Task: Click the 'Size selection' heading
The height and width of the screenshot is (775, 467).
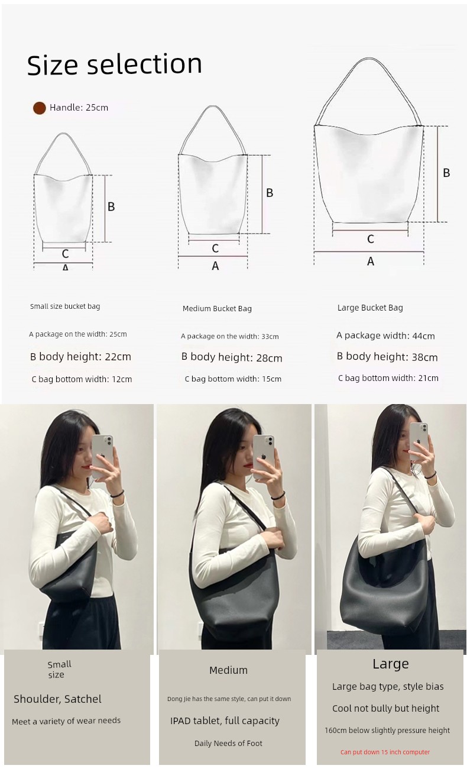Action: point(115,64)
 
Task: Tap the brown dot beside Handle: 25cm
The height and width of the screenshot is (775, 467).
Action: point(40,108)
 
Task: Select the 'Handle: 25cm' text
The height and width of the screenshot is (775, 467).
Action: point(79,108)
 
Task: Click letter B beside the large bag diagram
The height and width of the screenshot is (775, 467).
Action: point(446,173)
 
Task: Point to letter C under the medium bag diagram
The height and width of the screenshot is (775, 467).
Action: point(215,248)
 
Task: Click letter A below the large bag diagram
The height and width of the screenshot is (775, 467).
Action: point(371,261)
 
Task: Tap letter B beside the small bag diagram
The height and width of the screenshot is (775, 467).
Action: point(111,206)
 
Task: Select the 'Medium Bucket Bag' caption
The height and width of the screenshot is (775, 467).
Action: point(217,309)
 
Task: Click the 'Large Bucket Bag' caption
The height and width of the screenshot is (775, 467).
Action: point(370,308)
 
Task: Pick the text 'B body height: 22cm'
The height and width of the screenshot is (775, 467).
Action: point(80,357)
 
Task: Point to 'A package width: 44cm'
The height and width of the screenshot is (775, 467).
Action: point(385,335)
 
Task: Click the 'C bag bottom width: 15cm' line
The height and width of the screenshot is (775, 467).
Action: point(233,379)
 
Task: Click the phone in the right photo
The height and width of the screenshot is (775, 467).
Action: point(419,441)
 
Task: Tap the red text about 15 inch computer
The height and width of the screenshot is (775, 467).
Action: point(385,752)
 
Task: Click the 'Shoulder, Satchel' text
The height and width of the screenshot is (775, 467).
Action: point(57,699)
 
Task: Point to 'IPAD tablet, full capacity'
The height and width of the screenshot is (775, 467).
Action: point(225,721)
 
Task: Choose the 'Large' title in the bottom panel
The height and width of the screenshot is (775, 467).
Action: point(391,664)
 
